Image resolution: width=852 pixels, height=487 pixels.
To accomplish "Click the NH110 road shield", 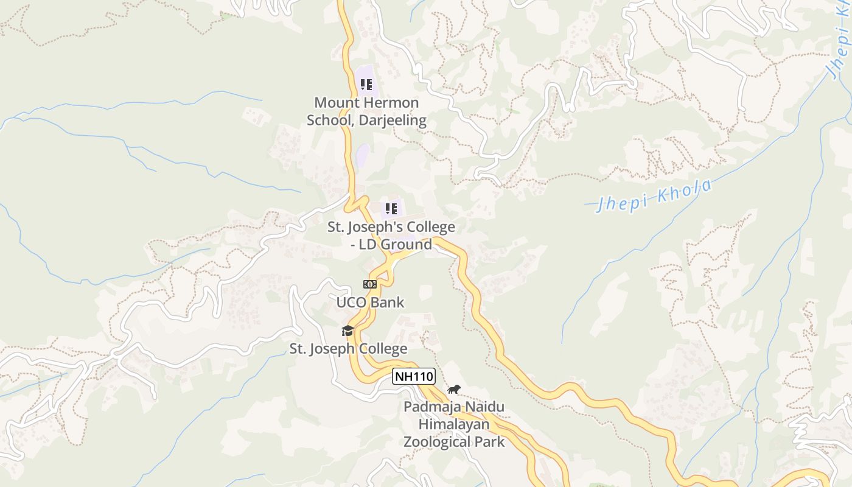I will pyautogui.click(x=414, y=377).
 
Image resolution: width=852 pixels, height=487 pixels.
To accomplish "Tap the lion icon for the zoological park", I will pyautogui.click(x=454, y=390).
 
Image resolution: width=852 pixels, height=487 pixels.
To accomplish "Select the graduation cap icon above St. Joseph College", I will pyautogui.click(x=347, y=331).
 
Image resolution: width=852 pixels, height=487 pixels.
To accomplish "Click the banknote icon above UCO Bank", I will pyautogui.click(x=369, y=284).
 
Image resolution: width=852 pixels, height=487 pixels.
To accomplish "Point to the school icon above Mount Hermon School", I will pyautogui.click(x=366, y=85).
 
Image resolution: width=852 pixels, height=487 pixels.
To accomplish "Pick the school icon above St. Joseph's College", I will pyautogui.click(x=391, y=209).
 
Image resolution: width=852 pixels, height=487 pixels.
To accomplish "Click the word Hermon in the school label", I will pyautogui.click(x=393, y=103).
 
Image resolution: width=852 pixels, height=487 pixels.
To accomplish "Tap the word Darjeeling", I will pyautogui.click(x=392, y=120).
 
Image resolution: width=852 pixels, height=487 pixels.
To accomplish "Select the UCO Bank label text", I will pyautogui.click(x=370, y=302).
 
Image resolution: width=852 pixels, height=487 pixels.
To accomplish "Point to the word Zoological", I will pyautogui.click(x=437, y=441).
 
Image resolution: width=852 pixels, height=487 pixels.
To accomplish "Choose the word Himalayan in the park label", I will pyautogui.click(x=454, y=424).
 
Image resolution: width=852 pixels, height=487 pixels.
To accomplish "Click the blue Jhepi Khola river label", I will pyautogui.click(x=654, y=195).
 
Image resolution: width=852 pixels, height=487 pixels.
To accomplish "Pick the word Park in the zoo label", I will pyautogui.click(x=490, y=441).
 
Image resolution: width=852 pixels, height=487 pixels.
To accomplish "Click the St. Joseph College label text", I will pyautogui.click(x=348, y=349).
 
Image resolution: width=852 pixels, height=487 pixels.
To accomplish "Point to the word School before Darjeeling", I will pyautogui.click(x=330, y=120).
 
